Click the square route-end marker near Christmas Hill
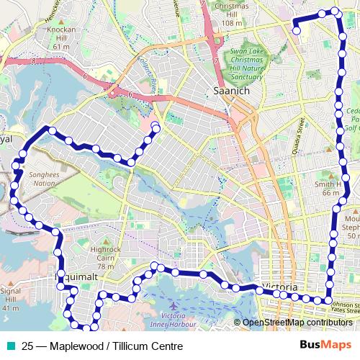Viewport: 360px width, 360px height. pyautogui.click(x=296, y=30)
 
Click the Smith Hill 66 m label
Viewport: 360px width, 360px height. pyautogui.click(x=329, y=188)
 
